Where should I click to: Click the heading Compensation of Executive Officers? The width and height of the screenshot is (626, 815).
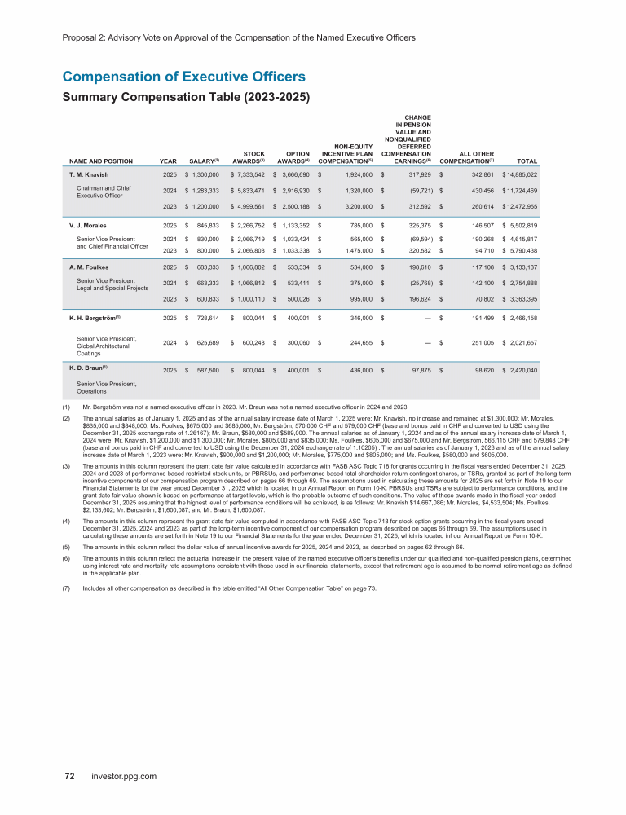click(183, 77)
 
